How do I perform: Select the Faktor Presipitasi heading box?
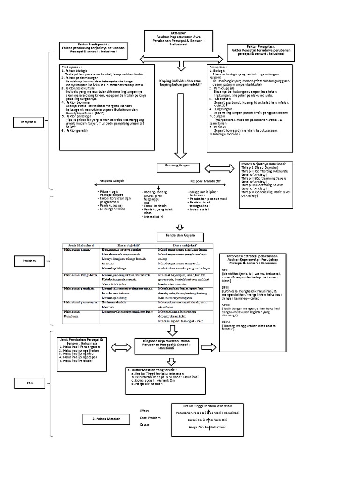coord(257,51)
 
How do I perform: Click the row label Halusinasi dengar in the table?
coord(78,250)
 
